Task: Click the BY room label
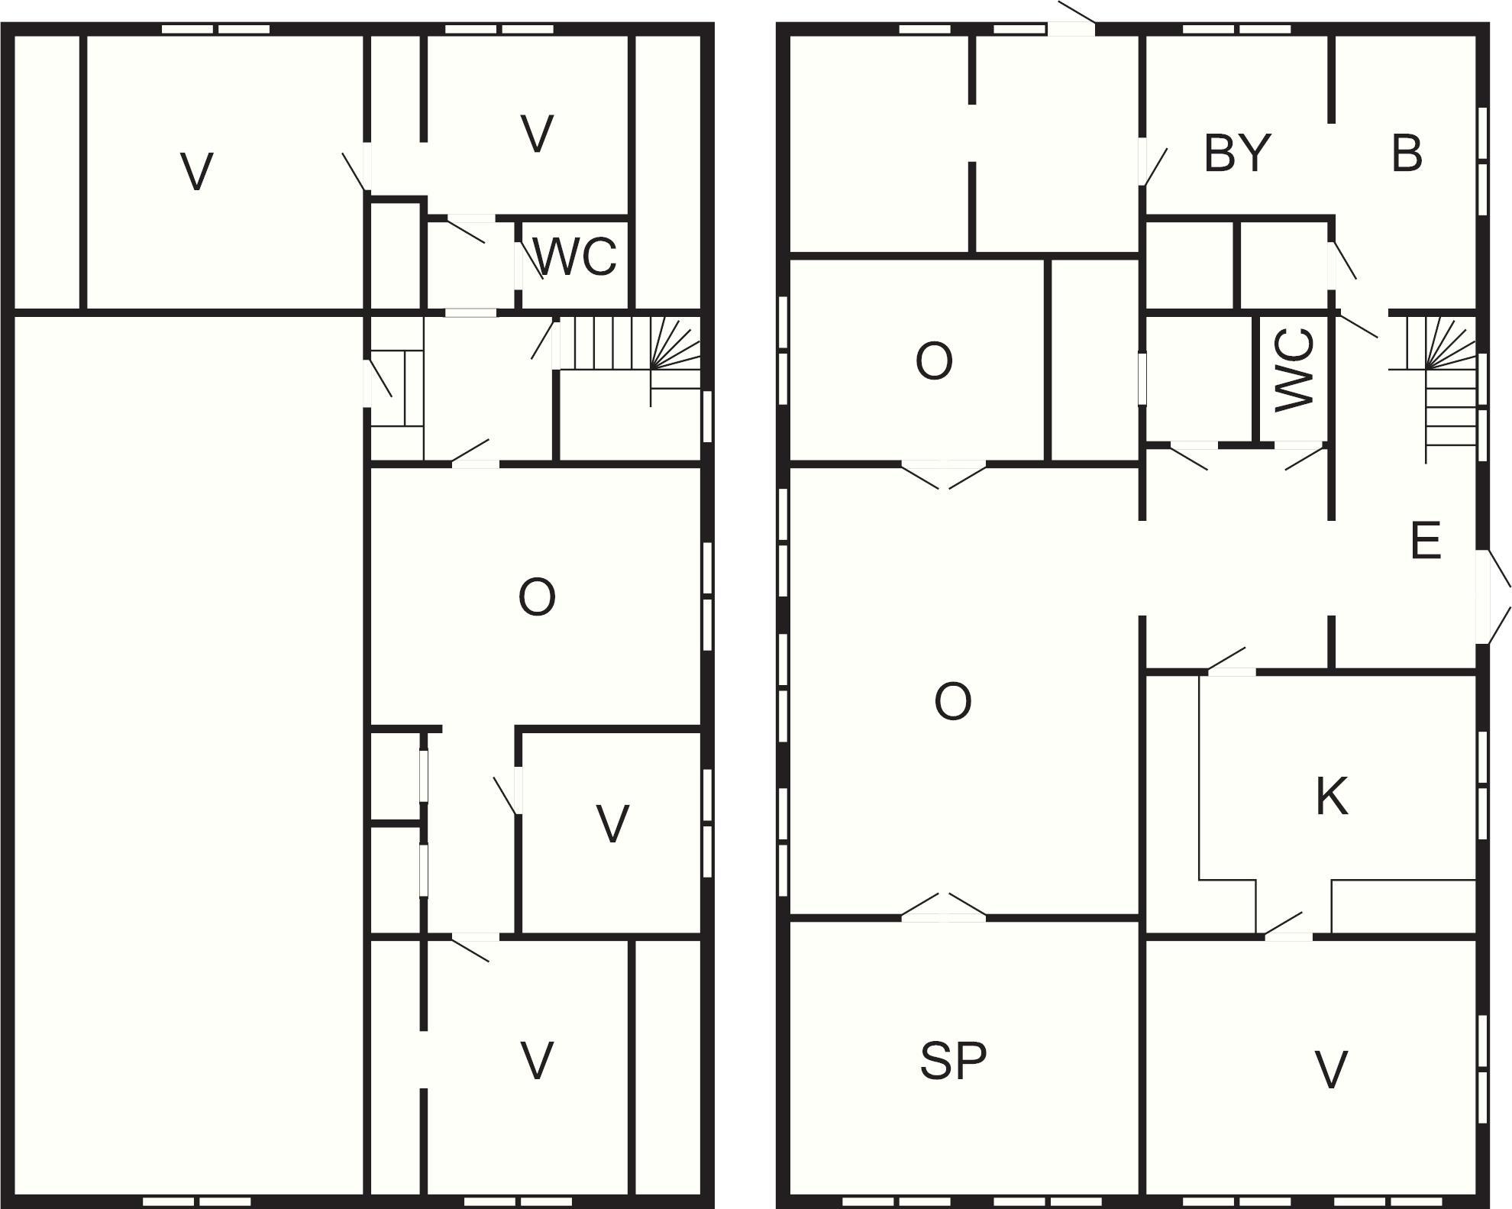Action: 1237,153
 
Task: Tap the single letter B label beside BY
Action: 1407,153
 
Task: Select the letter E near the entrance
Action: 1425,541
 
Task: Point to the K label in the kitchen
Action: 1332,796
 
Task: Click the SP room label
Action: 953,1061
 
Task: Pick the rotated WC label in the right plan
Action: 1294,370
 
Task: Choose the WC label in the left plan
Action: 576,257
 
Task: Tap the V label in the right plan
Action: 1331,1069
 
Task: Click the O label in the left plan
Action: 537,596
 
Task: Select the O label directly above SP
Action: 952,701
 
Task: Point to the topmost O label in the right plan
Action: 934,361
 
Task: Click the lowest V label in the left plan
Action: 537,1061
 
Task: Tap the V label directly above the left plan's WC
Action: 537,134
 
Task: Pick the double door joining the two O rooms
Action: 945,474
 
